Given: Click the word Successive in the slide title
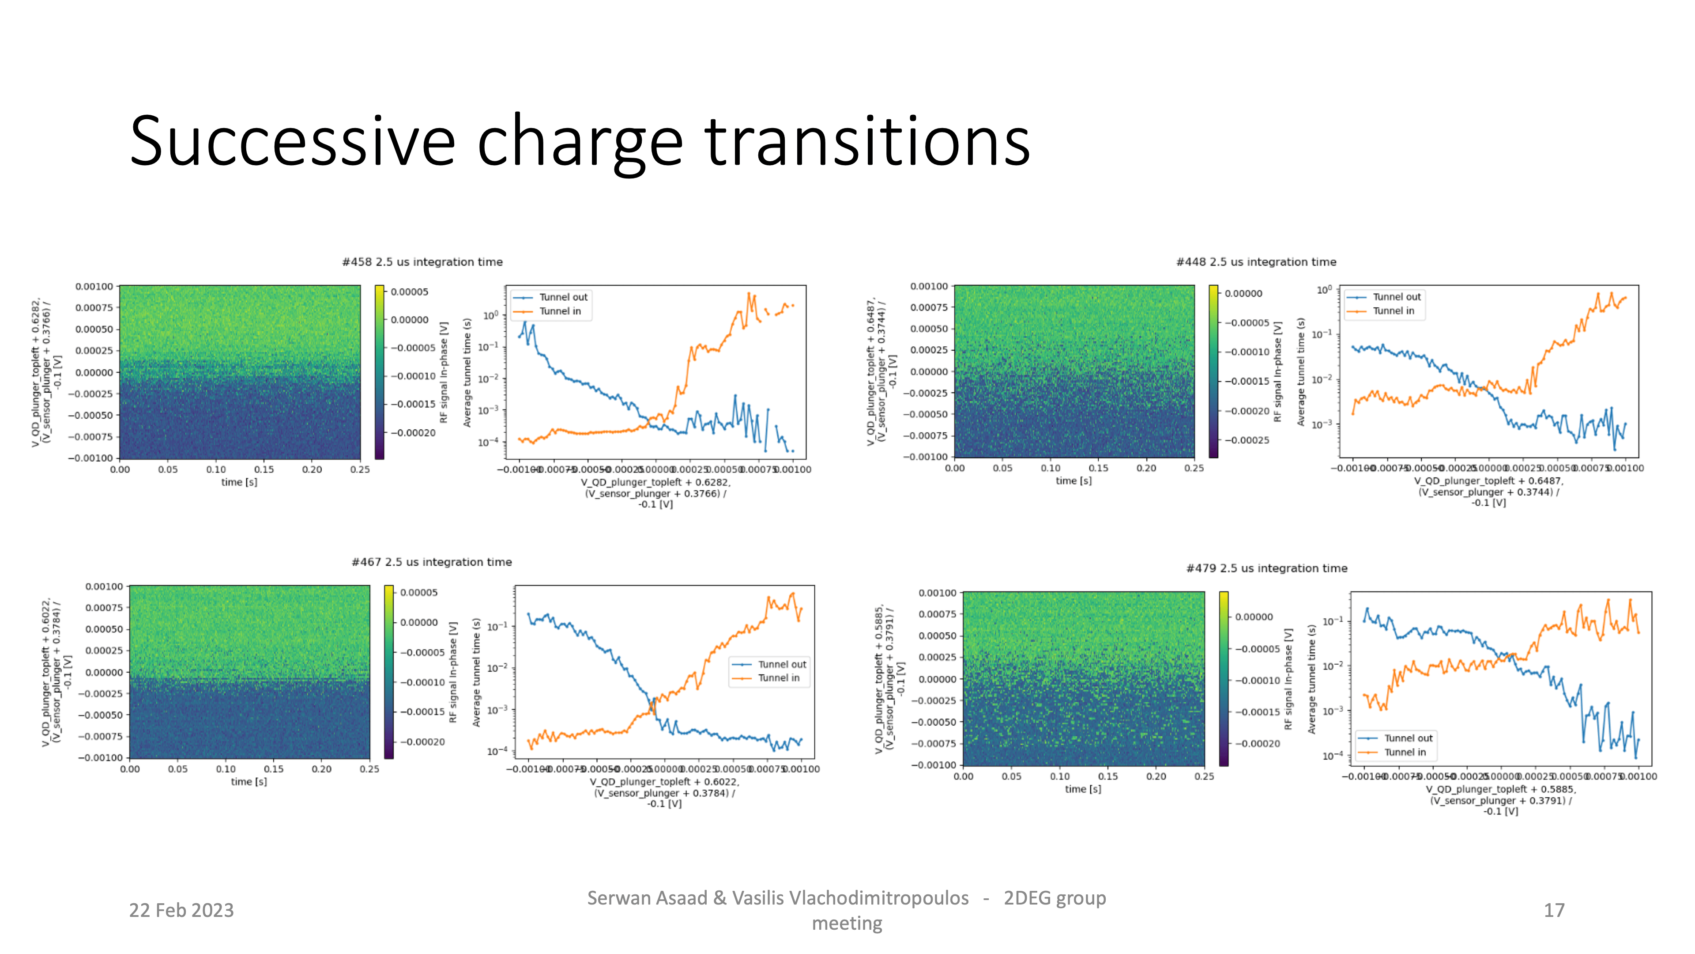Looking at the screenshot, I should tap(292, 141).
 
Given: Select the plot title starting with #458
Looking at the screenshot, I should tap(422, 262).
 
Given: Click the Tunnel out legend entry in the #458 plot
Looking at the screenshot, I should tap(563, 297).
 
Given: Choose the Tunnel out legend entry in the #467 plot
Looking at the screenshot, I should tap(781, 664).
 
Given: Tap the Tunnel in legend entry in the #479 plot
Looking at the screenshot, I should tap(1404, 752).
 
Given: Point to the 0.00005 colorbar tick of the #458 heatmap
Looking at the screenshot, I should tap(409, 291).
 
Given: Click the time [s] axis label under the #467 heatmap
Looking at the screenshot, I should tap(249, 781).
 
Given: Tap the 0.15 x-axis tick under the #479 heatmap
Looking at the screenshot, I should tap(1107, 776).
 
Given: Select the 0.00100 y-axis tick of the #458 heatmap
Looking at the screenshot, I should tap(94, 286).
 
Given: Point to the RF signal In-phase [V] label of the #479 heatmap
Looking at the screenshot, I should tap(1288, 678).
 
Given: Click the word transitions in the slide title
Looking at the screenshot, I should tap(867, 141).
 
